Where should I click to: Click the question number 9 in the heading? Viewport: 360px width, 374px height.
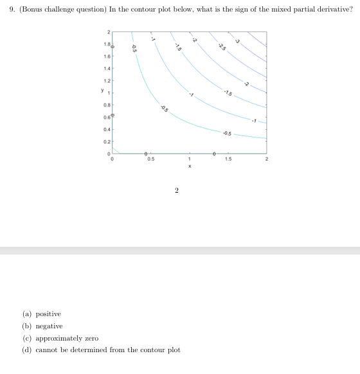pos(8,10)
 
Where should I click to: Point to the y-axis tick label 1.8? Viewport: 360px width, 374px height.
pos(107,44)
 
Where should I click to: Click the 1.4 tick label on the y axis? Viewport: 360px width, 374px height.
pos(107,68)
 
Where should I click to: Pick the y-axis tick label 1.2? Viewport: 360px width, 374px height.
pos(107,80)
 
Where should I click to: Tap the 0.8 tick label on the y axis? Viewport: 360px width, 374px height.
pos(107,104)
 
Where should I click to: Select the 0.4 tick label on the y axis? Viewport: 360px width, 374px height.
pos(107,129)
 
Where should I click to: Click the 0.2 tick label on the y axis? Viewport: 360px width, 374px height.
pos(107,141)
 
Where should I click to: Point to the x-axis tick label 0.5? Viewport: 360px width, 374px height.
pos(150,160)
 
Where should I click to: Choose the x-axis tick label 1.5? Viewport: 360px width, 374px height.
pos(228,160)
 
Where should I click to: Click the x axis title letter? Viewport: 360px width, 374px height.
pos(189,166)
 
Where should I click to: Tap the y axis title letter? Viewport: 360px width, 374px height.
pos(100,91)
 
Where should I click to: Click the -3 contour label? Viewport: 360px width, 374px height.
pos(237,41)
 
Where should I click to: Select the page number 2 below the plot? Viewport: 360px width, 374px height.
pos(177,190)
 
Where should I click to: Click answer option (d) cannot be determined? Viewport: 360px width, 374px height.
pos(101,350)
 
